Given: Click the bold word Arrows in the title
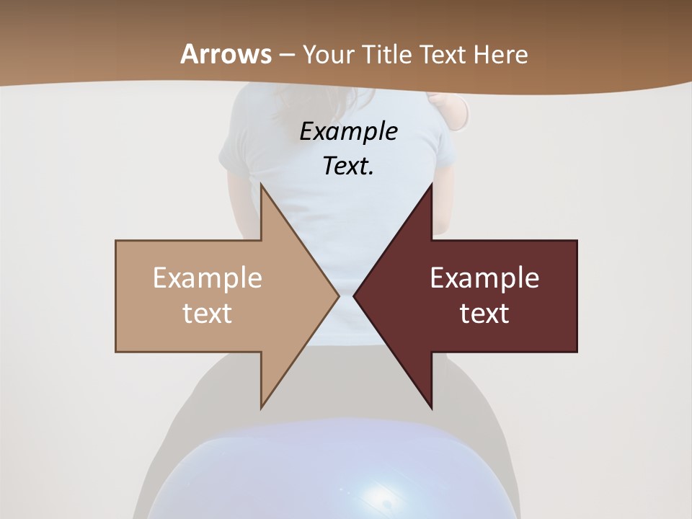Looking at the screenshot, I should (226, 54).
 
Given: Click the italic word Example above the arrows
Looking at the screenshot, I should (348, 132).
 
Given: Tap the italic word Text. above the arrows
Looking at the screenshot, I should (348, 166).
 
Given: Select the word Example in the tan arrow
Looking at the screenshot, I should (208, 278).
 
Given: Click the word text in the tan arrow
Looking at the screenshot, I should (208, 313).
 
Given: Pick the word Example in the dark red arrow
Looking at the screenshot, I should (484, 278).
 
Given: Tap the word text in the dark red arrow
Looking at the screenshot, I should (484, 313).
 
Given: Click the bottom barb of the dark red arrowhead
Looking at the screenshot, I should (431, 405).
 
